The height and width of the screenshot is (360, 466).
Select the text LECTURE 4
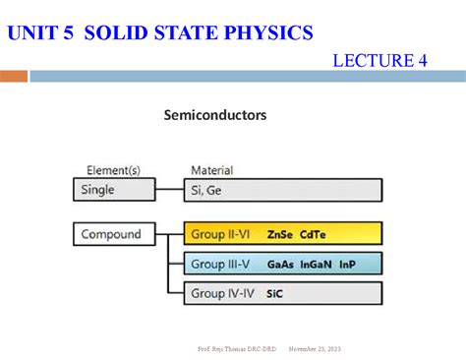[379, 61]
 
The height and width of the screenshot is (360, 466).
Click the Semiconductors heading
[214, 115]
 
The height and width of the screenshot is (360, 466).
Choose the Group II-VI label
[222, 235]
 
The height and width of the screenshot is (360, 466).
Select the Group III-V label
[222, 265]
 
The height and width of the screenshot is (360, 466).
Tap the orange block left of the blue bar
[14, 76]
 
